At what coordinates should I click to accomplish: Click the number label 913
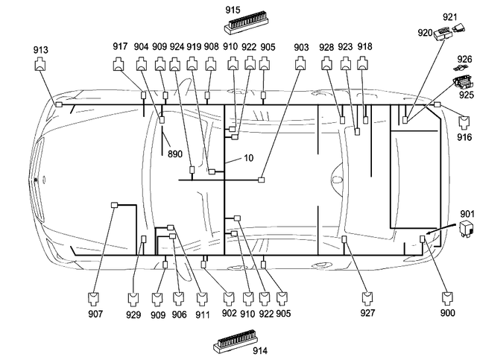tap(41, 50)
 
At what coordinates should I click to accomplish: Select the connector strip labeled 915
tap(244, 22)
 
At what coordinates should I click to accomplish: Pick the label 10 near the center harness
tap(249, 159)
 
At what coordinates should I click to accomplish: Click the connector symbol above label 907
tap(94, 300)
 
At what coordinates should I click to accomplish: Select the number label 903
tap(300, 46)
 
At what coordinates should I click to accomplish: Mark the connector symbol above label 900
tap(447, 300)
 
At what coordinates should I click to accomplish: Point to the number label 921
tap(449, 16)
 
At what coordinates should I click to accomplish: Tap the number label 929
tap(133, 315)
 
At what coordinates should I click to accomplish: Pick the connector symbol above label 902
tap(229, 300)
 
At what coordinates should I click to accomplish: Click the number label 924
tap(176, 46)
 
